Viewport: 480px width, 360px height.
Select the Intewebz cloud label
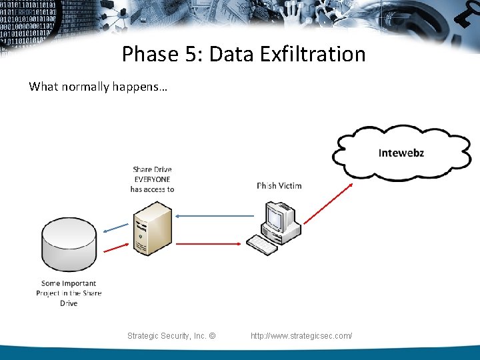(401, 153)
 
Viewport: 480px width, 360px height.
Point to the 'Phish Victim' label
(279, 185)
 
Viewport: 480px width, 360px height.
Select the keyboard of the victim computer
(261, 245)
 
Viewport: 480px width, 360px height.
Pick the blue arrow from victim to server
(213, 215)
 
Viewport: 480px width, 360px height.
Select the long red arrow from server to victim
(213, 243)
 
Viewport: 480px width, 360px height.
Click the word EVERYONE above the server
(152, 179)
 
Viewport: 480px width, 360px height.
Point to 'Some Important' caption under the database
(69, 283)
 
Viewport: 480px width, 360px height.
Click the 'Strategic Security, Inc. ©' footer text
(171, 335)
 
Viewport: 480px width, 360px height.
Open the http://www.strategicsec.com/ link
(301, 335)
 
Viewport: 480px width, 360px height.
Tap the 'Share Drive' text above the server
(152, 170)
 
